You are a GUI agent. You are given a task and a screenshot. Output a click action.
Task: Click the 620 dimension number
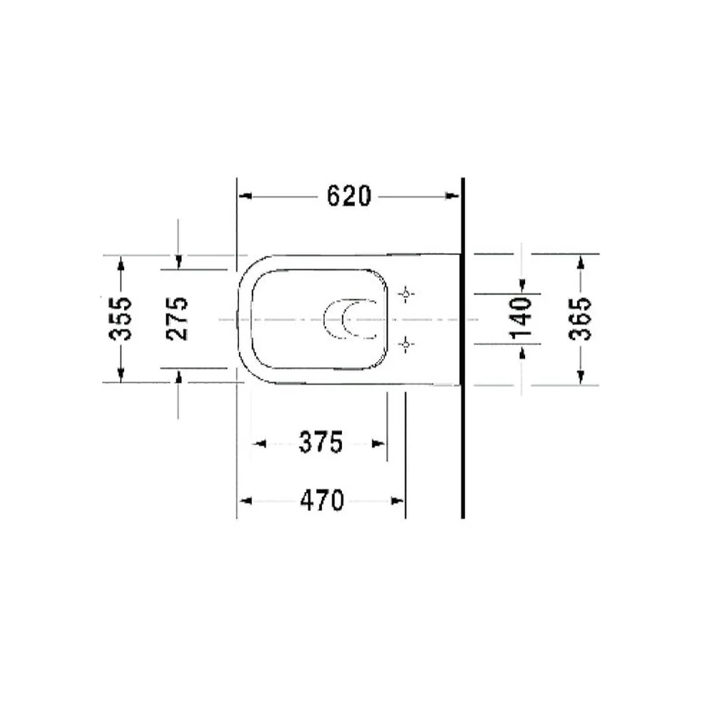click(348, 196)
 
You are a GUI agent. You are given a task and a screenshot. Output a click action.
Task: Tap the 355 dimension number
click(121, 318)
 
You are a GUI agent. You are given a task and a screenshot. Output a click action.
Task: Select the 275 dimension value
click(177, 318)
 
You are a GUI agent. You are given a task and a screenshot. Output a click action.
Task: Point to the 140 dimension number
click(521, 318)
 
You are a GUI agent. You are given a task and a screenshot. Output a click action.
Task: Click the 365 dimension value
click(580, 318)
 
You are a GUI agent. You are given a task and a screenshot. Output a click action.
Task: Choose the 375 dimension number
click(321, 442)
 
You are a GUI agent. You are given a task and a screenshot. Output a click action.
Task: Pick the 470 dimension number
click(322, 501)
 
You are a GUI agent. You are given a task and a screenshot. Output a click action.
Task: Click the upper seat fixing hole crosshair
click(406, 294)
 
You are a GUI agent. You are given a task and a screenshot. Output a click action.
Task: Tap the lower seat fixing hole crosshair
click(406, 344)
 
